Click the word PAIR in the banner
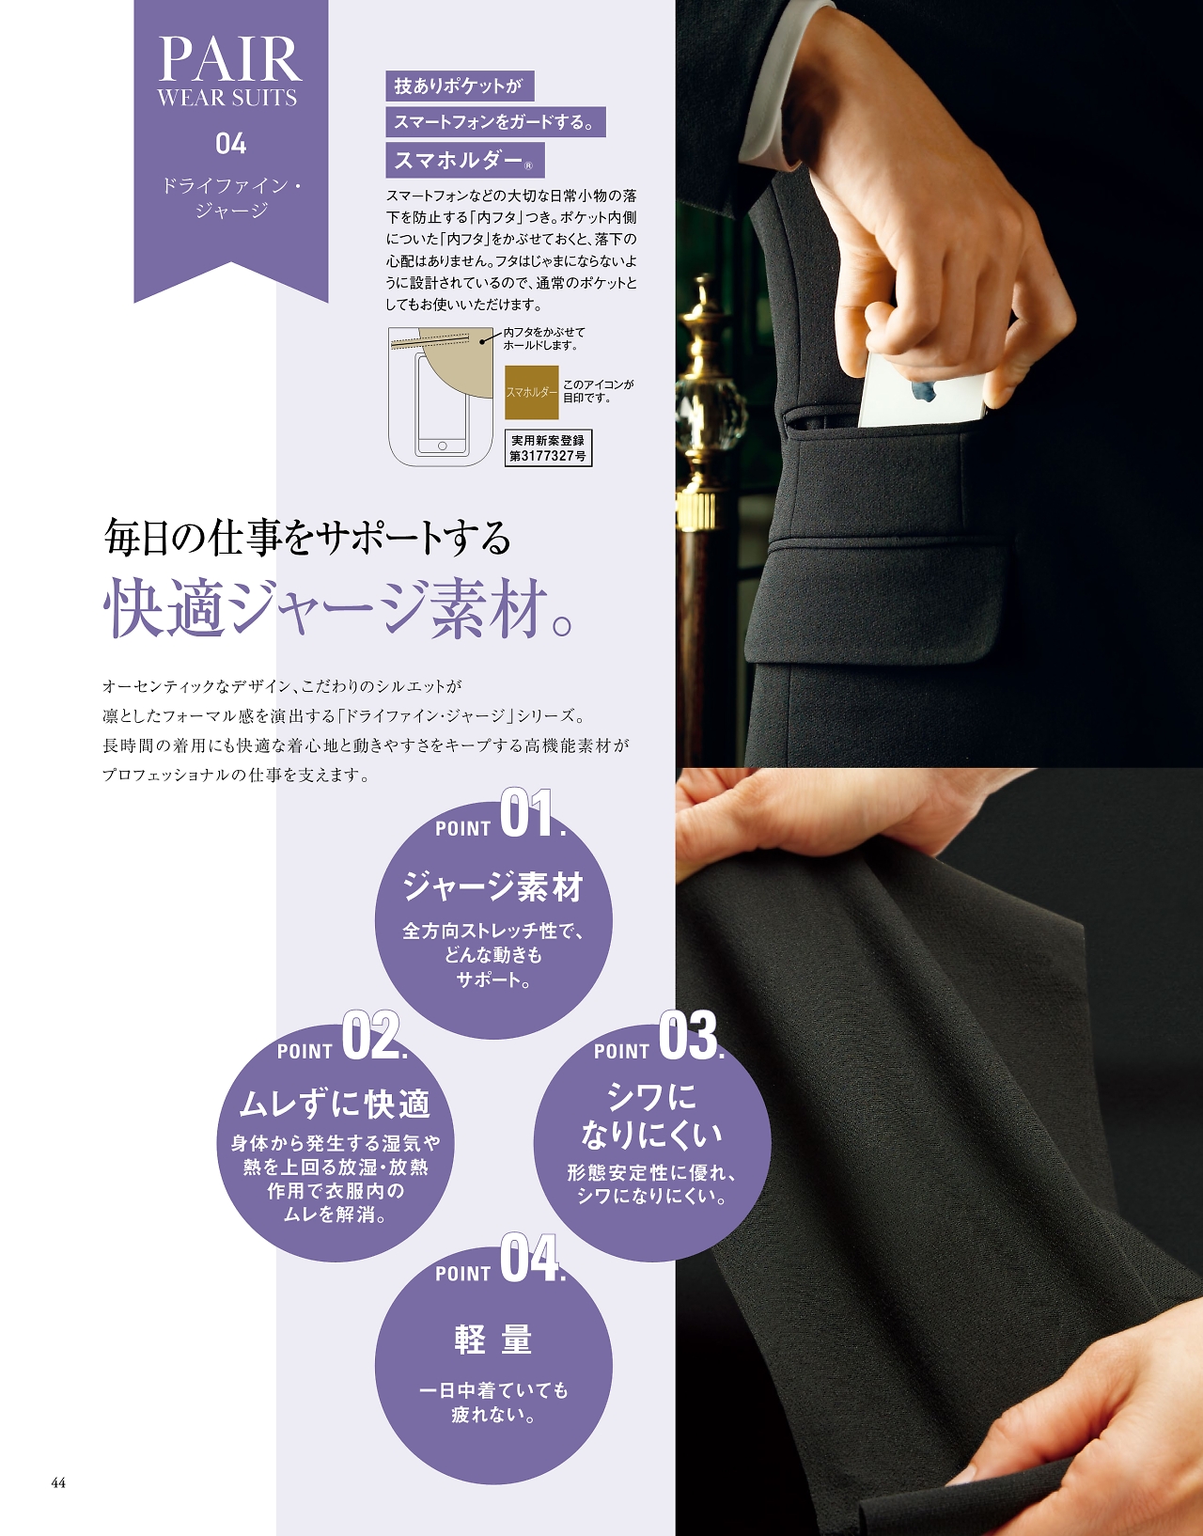(x=230, y=59)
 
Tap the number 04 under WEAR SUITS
(x=231, y=144)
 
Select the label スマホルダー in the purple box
(x=465, y=161)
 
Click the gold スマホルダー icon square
(x=531, y=392)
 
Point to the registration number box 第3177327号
(x=548, y=448)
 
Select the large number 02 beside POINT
(x=370, y=1036)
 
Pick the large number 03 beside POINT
(x=688, y=1036)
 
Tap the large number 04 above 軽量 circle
(x=528, y=1258)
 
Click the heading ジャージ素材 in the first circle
(x=493, y=886)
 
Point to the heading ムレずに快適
(x=335, y=1105)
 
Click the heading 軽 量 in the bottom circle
(x=493, y=1340)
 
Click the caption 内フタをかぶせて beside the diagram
(x=544, y=332)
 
